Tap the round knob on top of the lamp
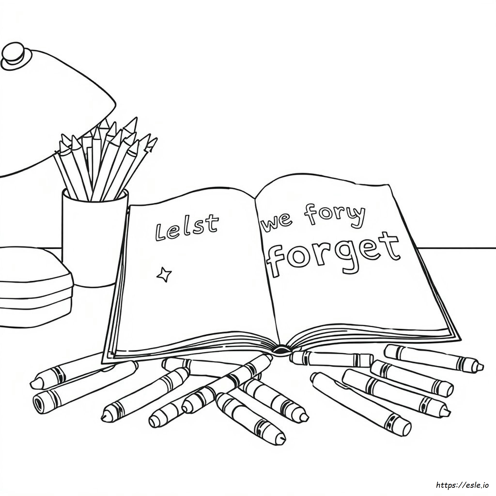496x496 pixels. click(16, 56)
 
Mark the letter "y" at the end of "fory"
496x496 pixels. click(358, 216)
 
